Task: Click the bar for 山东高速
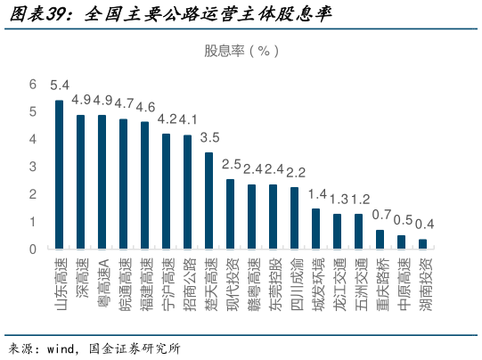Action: coord(59,174)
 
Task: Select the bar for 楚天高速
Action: coord(208,200)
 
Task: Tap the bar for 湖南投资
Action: coord(422,243)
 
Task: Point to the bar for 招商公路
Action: coord(187,191)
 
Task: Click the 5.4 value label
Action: coord(59,86)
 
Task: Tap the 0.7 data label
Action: coord(381,215)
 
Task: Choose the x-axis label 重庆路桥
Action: coord(380,285)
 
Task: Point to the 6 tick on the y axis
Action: coord(33,85)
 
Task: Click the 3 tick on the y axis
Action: coord(33,167)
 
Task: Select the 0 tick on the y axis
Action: coord(33,249)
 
